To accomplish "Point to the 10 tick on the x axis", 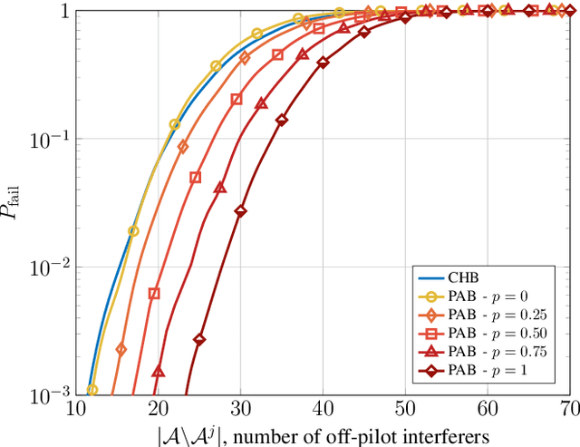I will [x=75, y=411].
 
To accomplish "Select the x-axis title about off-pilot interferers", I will [x=324, y=433].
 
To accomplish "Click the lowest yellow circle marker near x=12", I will [x=92, y=390].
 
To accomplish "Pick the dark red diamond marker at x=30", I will [x=241, y=211].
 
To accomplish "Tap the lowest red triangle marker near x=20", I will [x=158, y=371].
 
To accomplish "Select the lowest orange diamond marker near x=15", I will [x=121, y=349].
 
